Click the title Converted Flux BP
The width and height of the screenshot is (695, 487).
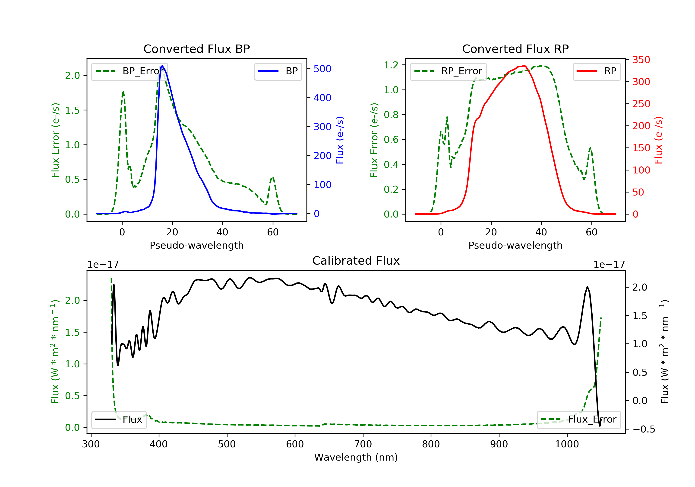[196, 49]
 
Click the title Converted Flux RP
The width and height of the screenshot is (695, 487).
[515, 49]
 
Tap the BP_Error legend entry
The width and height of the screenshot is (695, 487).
[130, 71]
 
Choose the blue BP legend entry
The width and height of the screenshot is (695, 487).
[278, 71]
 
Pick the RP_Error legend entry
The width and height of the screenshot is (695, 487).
[448, 71]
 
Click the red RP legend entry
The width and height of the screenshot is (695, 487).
[597, 71]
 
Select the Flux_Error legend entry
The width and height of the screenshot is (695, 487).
[578, 420]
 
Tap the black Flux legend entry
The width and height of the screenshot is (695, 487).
[119, 420]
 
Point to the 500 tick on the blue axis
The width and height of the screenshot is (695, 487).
[322, 69]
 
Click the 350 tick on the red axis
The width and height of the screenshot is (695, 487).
[641, 60]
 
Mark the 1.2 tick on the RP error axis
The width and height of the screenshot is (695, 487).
[391, 65]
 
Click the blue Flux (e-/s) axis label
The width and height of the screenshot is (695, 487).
[340, 140]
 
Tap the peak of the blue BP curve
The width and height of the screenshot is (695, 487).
[162, 66]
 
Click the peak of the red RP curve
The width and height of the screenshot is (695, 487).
[524, 66]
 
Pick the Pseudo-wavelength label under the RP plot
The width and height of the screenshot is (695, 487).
[515, 245]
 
